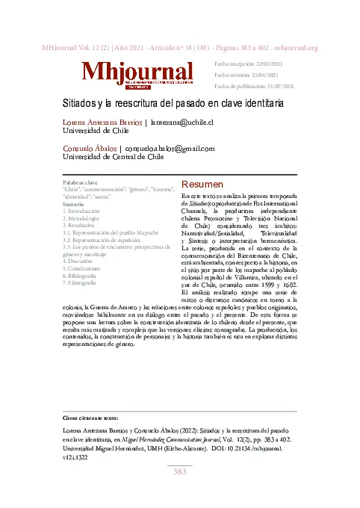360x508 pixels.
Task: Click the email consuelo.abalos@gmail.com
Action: pos(170,148)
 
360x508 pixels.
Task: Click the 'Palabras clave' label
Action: pos(80,182)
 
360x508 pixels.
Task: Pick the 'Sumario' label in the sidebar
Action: pos(73,204)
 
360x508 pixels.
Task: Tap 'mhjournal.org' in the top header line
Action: pos(292,48)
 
